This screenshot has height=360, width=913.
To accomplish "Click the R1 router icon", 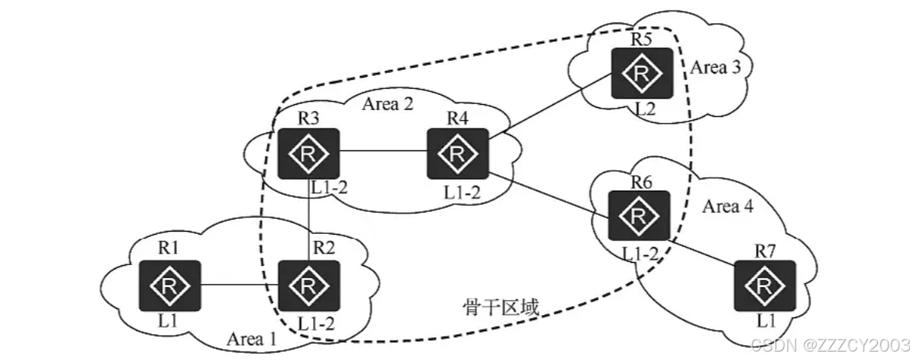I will click(169, 285).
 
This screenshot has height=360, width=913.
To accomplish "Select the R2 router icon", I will click(308, 285).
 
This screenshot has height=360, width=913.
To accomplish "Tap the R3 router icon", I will click(308, 153).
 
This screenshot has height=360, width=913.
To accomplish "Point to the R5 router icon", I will click(643, 73).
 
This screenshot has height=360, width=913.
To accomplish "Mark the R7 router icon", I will click(765, 285).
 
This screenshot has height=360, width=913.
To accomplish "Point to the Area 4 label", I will click(727, 206).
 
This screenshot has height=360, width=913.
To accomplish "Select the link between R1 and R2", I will click(239, 286).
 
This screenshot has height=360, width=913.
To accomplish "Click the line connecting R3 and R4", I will click(383, 153).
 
